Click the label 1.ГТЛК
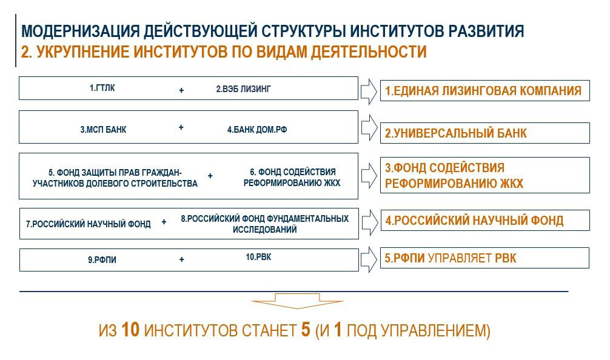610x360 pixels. tap(102, 88)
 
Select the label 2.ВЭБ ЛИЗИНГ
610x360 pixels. tap(243, 89)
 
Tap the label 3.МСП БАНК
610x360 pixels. tap(103, 130)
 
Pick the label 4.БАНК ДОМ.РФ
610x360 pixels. tap(256, 130)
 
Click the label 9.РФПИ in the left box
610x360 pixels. tap(102, 260)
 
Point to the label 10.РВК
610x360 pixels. tap(258, 257)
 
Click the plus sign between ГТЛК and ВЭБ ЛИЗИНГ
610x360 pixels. tap(181, 90)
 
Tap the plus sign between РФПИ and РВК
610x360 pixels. tap(182, 259)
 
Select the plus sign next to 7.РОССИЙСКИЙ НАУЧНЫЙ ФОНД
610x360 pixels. tap(164, 222)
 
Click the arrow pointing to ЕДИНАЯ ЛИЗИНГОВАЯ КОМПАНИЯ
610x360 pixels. tap(369, 92)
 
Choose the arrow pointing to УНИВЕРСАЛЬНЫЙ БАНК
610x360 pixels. tap(369, 127)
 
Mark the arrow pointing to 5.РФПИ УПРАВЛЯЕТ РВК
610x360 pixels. tap(369, 259)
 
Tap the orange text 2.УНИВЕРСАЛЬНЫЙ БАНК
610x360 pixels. tap(455, 133)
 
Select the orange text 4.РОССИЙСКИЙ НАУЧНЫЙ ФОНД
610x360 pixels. tap(474, 221)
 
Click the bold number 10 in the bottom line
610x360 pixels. tap(130, 330)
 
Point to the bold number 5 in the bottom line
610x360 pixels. tap(306, 330)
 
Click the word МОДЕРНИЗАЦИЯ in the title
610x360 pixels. tap(80, 31)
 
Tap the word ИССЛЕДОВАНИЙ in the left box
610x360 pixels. tap(264, 230)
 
